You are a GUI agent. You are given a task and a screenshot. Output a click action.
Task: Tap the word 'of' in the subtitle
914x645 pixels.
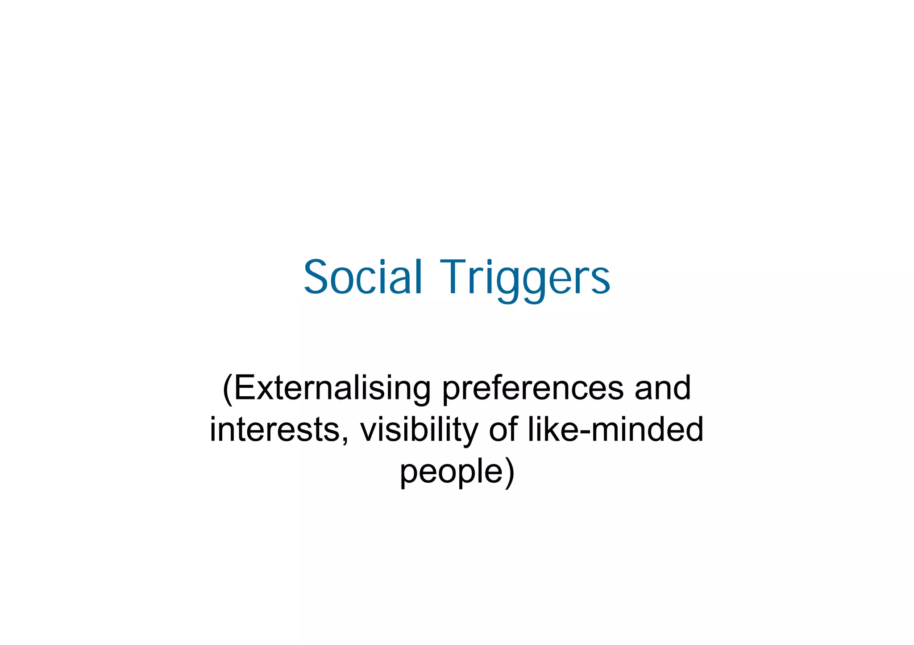(x=504, y=430)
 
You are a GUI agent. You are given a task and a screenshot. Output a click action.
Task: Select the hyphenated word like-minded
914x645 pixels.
(x=615, y=430)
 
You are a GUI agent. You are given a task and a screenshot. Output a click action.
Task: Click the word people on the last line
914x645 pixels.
(x=451, y=472)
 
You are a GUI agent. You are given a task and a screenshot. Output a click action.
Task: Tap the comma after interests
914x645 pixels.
(x=344, y=439)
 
